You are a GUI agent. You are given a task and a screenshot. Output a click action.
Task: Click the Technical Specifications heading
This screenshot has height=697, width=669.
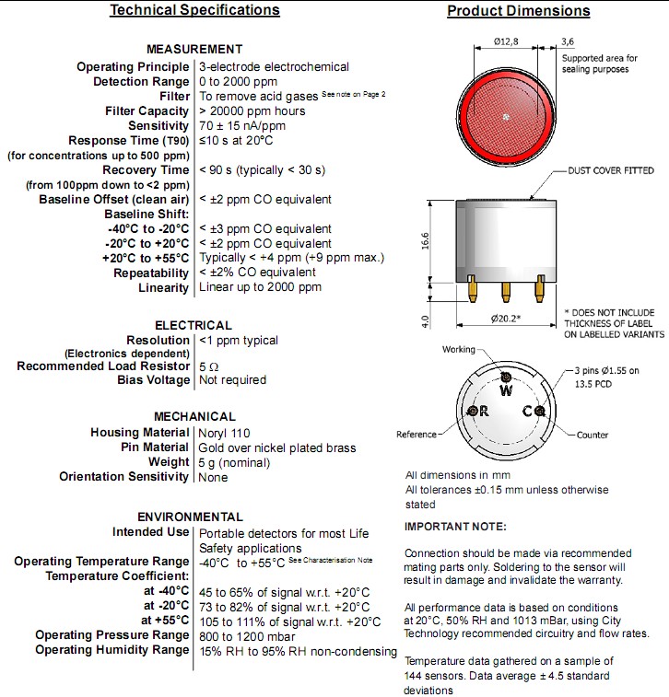pos(194,10)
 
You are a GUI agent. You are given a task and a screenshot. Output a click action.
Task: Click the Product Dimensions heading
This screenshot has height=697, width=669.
pos(518,11)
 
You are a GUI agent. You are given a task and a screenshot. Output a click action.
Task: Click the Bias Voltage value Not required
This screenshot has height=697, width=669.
pos(232,380)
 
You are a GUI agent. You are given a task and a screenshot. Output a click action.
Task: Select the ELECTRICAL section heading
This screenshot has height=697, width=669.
pos(193,325)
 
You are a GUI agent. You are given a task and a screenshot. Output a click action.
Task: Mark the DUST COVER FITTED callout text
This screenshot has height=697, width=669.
pos(610,171)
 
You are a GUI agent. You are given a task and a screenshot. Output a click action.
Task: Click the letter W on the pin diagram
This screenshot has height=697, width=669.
pos(505,389)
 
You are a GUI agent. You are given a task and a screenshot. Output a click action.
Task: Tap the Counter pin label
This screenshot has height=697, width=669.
pos(593,435)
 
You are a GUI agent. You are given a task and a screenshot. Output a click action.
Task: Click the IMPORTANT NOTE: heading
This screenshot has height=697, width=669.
pos(455,527)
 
